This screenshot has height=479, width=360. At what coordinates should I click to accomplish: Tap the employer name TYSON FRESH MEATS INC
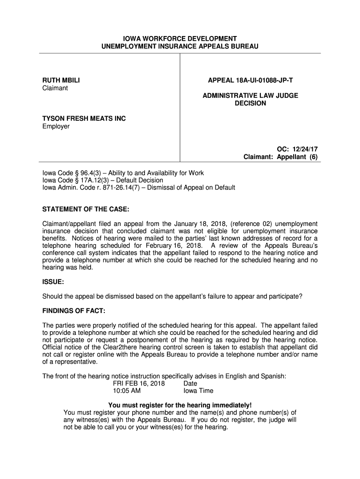coord(84,119)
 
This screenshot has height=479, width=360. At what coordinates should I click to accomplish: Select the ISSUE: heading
coord(53,282)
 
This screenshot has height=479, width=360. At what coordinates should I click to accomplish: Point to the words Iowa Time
coord(198,391)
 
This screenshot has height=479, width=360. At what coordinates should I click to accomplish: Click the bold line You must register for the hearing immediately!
coord(180,405)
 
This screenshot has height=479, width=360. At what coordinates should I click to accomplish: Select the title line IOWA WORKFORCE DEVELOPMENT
coord(180,38)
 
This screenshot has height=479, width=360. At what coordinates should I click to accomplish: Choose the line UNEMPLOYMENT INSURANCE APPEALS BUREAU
coord(180,46)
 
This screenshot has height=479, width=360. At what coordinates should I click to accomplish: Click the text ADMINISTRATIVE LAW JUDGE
coord(250,95)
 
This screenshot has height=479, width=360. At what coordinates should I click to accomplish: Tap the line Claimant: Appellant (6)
coord(281,157)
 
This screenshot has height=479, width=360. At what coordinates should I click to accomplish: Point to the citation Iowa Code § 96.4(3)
coord(69,173)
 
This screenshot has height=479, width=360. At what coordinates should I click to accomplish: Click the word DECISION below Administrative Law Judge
coord(250,103)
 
